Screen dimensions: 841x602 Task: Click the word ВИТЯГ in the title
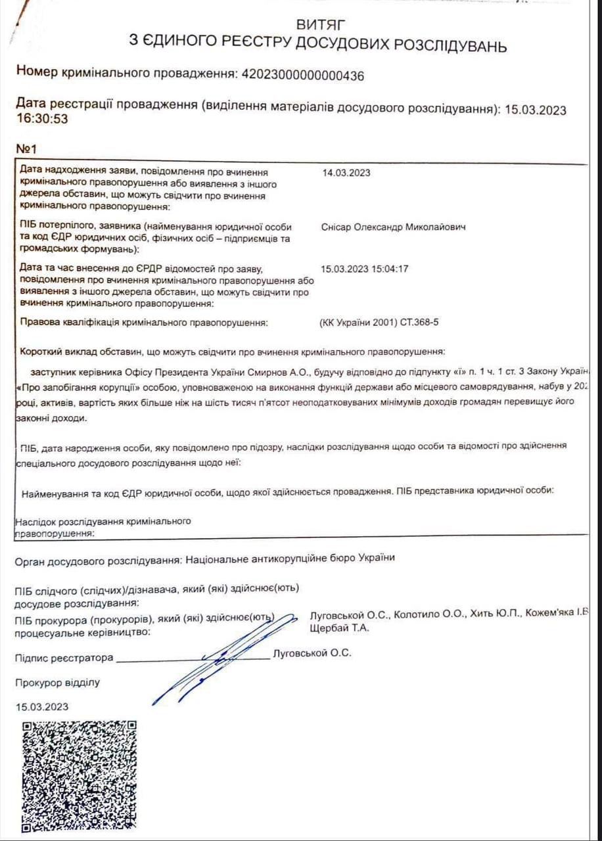[x=321, y=25]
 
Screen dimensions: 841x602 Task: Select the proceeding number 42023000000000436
[x=303, y=75]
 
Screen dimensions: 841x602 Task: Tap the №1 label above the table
[x=28, y=149]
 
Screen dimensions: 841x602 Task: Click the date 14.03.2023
[x=346, y=173]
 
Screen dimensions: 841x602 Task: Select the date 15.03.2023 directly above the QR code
[x=42, y=707]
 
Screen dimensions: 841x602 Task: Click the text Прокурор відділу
[x=58, y=682]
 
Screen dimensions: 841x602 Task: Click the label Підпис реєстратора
[x=64, y=658]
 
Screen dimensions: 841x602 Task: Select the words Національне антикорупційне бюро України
[x=290, y=558]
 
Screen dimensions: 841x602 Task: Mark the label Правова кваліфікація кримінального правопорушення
[x=145, y=323]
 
